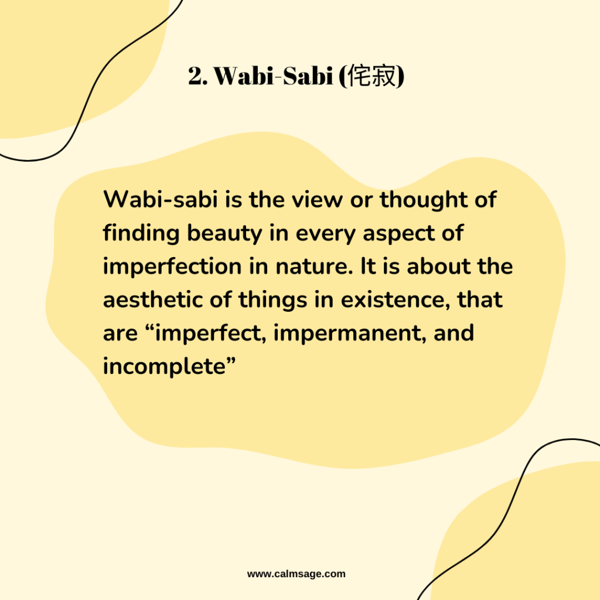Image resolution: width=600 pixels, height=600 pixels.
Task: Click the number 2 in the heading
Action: coord(195,76)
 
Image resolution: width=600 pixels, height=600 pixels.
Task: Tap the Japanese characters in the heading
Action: coord(372,76)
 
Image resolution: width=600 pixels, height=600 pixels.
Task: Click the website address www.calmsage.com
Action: coord(296,574)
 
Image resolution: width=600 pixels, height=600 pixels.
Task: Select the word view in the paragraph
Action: coord(316,200)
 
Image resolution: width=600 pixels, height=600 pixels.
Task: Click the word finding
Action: coord(141,233)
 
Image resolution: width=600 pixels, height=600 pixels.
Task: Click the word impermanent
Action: coord(347,333)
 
